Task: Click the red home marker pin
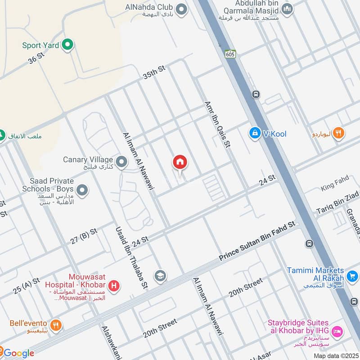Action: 180,162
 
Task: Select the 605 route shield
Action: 231,54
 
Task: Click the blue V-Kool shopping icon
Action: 255,133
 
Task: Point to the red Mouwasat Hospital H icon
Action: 115,285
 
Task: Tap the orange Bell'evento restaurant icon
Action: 56,324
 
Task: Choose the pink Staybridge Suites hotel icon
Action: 338,332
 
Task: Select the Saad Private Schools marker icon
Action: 82,191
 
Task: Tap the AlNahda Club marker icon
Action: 181,9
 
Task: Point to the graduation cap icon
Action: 160,275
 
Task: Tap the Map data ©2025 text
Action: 335,355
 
